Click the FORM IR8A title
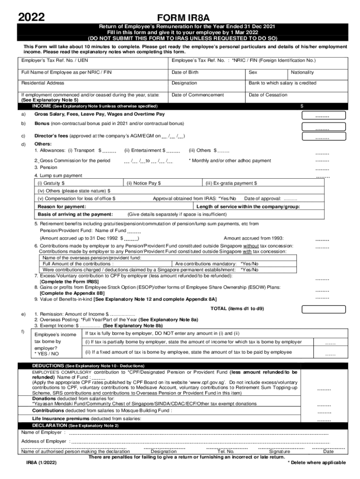(x=180, y=17)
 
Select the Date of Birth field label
(x=185, y=72)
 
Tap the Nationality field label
(x=302, y=72)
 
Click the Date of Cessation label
(x=268, y=95)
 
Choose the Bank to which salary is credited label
(x=282, y=83)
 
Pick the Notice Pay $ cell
(x=161, y=183)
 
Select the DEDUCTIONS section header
(x=88, y=365)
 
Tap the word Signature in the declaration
(x=280, y=451)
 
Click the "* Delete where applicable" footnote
(x=317, y=463)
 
